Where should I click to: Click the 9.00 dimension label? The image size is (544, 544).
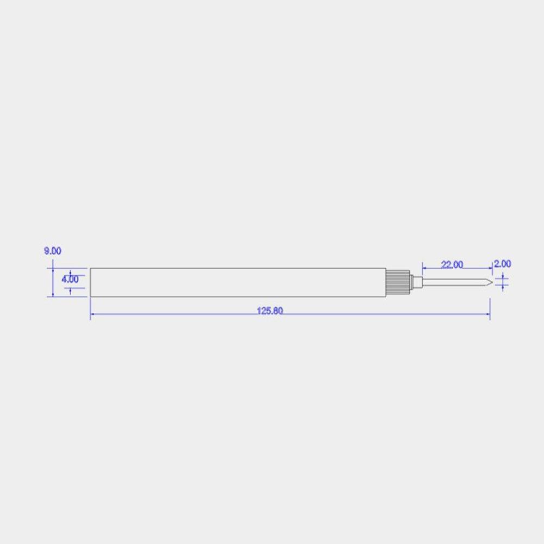52,251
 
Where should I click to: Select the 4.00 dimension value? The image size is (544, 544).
70,279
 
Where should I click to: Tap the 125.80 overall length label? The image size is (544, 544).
270,311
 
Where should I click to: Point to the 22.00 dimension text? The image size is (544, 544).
452,264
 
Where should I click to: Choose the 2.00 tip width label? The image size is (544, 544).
502,263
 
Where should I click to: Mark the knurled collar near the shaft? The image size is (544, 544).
399,282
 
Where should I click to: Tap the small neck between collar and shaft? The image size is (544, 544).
417,282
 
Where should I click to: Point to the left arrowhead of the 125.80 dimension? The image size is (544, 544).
93,314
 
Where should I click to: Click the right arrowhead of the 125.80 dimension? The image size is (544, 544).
487,314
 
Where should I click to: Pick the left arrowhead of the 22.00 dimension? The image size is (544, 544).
425,268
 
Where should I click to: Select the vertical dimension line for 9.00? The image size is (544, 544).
53,282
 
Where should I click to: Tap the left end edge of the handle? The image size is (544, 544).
90,282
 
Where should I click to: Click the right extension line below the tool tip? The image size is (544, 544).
490,305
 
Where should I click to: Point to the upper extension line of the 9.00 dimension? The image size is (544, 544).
67,268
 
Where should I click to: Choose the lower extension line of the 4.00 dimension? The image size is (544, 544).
78,288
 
